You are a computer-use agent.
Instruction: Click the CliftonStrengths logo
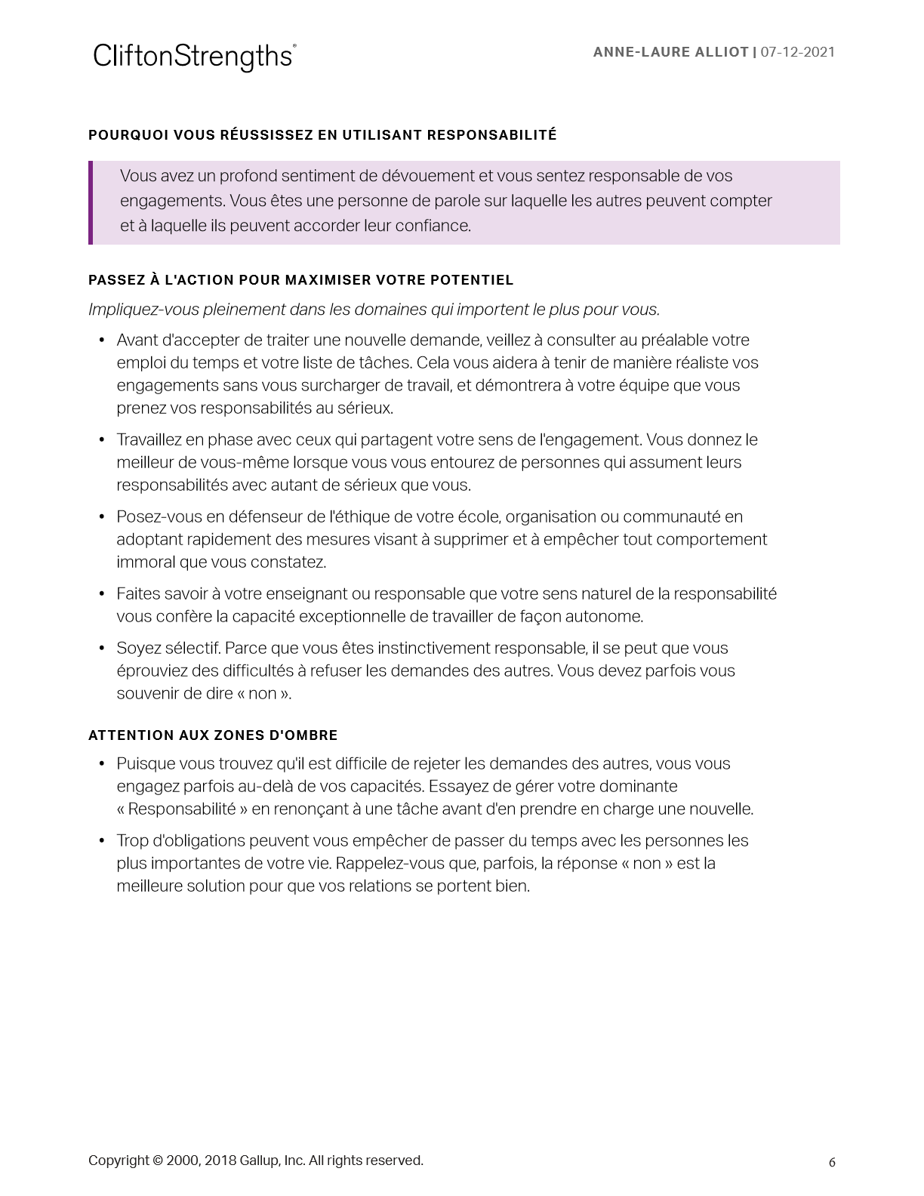point(194,57)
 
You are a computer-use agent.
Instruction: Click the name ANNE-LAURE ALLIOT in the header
point(670,52)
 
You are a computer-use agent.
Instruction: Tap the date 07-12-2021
point(798,52)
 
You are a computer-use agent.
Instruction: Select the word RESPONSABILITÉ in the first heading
point(491,135)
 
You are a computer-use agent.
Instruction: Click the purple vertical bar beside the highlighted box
point(91,202)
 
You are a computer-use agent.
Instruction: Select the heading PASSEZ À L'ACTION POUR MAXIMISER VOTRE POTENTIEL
point(300,280)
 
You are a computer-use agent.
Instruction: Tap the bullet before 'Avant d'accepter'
point(102,341)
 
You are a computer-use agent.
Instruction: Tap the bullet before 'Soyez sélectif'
point(102,649)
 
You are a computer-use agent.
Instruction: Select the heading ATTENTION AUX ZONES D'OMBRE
point(213,735)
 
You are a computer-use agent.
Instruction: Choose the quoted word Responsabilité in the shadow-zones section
point(182,809)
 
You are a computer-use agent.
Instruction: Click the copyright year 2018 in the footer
point(220,1161)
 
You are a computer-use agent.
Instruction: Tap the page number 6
point(832,1163)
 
